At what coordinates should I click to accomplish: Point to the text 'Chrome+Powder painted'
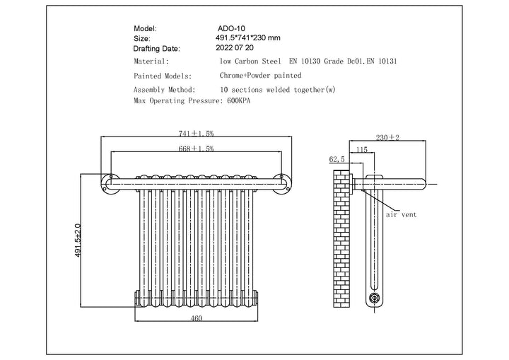[x=261, y=75]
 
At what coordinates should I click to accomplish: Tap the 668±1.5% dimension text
[x=197, y=149]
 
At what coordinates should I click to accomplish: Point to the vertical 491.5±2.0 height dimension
[x=78, y=240]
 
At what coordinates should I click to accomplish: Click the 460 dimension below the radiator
[x=197, y=319]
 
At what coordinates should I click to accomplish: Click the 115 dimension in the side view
[x=362, y=150]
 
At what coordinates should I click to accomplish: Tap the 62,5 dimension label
[x=337, y=160]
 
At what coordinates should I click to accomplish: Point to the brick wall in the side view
[x=342, y=240]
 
